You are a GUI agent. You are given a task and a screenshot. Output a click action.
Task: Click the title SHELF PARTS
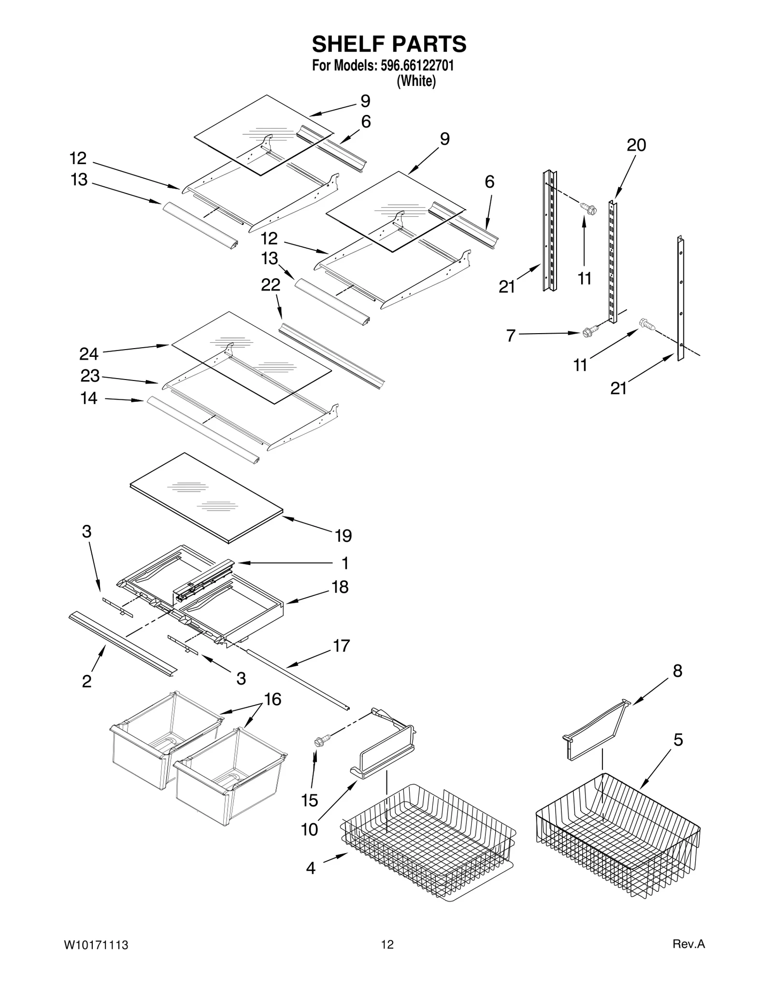[x=389, y=44]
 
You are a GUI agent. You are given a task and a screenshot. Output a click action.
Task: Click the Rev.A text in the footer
[x=688, y=944]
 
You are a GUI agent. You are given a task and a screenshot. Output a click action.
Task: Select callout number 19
[x=344, y=535]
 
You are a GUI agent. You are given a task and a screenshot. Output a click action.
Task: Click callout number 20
[x=636, y=145]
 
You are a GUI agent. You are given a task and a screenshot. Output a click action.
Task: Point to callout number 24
[x=89, y=354]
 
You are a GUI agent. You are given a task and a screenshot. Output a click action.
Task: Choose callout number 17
[x=342, y=646]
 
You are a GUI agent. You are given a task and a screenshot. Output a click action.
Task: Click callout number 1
[x=345, y=563]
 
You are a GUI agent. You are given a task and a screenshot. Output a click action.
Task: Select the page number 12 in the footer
[x=387, y=945]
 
